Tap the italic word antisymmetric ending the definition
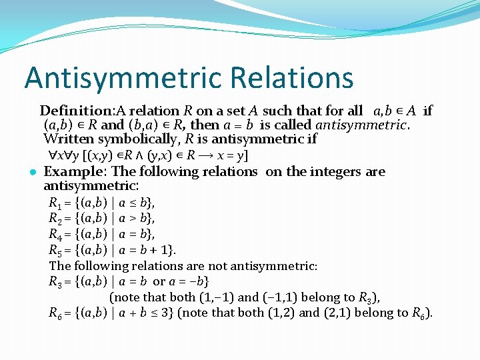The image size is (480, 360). (359, 125)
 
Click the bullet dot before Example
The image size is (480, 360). (32, 172)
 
